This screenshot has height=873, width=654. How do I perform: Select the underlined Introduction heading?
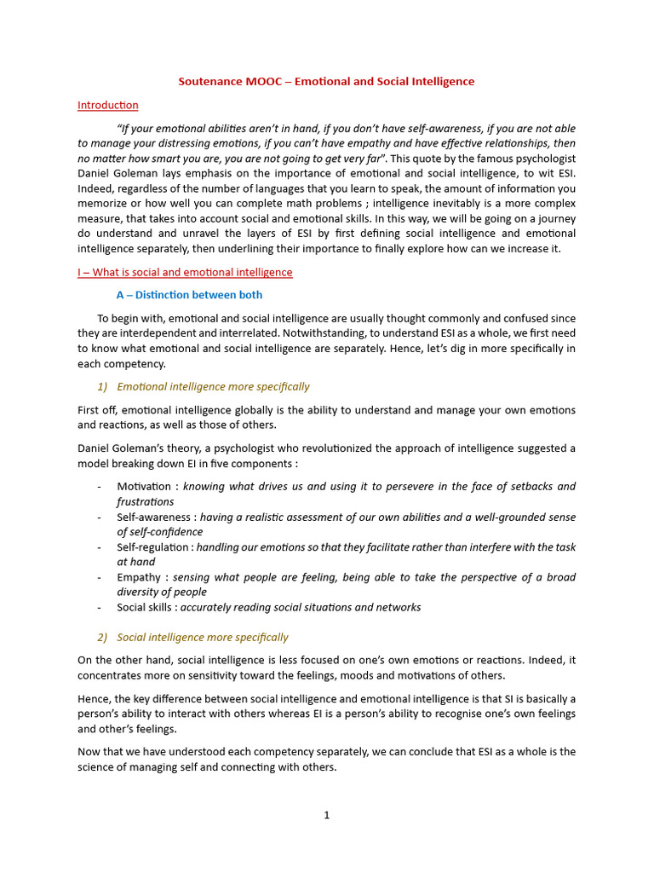(107, 105)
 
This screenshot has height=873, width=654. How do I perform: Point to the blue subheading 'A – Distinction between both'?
(189, 295)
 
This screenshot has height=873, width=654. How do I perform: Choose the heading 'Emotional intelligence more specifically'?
(213, 386)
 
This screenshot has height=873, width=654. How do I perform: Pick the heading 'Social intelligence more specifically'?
(202, 637)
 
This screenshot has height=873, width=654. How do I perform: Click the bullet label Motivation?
(145, 486)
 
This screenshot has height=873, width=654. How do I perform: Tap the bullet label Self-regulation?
(153, 546)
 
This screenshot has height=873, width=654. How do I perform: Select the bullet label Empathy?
(140, 577)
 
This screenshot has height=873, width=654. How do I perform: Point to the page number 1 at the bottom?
(326, 815)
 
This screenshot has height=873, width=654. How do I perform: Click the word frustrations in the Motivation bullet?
(145, 501)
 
